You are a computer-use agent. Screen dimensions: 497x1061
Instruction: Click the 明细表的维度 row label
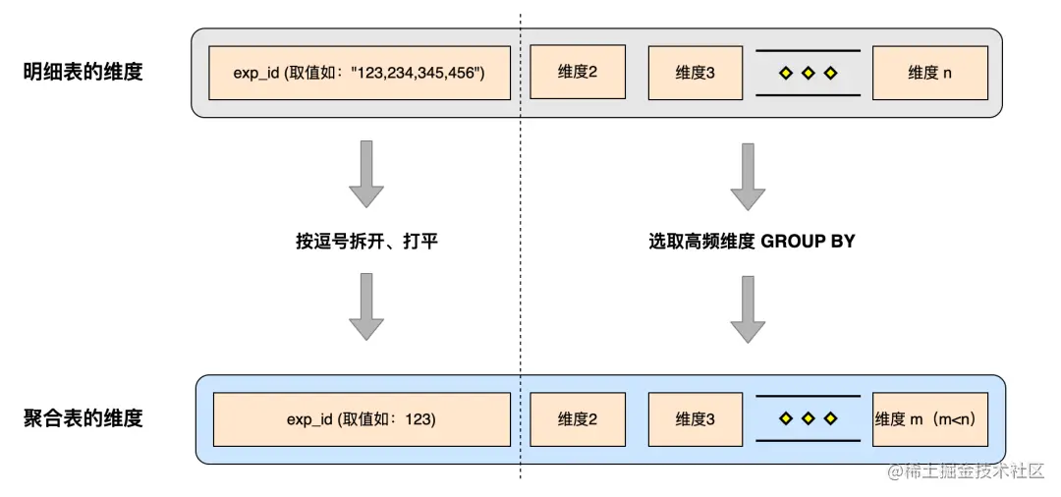(83, 72)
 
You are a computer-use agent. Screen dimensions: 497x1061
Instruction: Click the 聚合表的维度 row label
(83, 418)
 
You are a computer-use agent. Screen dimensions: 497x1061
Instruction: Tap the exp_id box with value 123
(362, 419)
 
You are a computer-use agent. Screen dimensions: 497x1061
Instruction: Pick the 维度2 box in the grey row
(578, 72)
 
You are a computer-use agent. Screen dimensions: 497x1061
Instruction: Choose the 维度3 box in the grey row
(696, 73)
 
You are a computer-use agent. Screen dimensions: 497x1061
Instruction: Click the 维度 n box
(930, 73)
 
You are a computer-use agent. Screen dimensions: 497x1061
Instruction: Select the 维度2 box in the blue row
(578, 419)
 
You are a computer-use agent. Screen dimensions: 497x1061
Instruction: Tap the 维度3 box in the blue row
(696, 419)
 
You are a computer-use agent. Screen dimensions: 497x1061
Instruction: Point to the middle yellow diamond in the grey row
(809, 73)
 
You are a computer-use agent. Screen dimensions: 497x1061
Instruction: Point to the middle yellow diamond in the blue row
(809, 419)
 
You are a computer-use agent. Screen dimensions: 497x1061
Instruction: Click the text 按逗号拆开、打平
(366, 241)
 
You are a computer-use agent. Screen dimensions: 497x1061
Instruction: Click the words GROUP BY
(809, 241)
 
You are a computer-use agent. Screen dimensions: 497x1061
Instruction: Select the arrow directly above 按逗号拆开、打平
(366, 174)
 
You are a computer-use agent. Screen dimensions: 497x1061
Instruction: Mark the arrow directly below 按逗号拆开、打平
(366, 307)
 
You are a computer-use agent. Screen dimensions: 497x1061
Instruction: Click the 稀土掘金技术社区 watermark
(966, 471)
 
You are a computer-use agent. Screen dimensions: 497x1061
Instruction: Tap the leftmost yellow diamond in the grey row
(785, 73)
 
